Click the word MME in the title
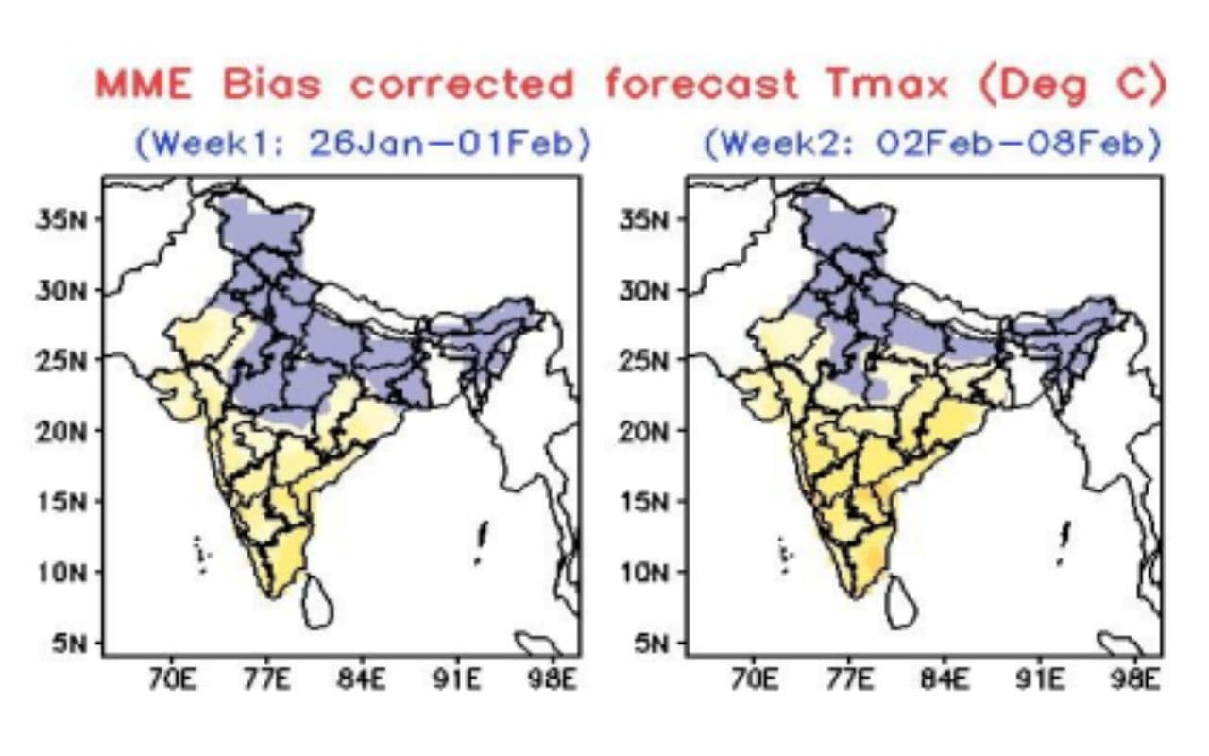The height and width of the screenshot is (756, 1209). point(144,84)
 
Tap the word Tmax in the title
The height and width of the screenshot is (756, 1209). point(887,84)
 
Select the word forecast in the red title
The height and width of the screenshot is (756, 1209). point(701,84)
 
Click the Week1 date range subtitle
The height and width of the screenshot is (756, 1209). point(363,145)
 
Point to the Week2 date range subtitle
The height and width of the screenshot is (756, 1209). point(933,145)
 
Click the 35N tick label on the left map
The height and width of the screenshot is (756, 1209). point(61,220)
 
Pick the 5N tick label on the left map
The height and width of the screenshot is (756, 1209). point(69,644)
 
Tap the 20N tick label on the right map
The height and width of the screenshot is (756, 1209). point(644,432)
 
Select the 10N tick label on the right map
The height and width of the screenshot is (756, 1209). point(644,573)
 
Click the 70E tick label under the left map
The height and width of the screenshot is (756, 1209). point(172,679)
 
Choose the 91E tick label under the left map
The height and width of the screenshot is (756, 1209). point(456,679)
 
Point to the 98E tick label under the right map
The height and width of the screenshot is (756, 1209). point(1135,679)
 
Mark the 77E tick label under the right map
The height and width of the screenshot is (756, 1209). point(849,679)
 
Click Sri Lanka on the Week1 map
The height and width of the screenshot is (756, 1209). point(317,602)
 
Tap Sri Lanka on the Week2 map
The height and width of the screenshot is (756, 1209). point(901,602)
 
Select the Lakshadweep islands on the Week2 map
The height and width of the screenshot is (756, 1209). point(785,554)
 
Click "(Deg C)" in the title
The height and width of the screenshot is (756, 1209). point(1072,85)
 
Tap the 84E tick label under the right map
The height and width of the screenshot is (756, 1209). point(945,679)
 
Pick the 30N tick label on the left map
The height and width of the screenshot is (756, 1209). point(61,291)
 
